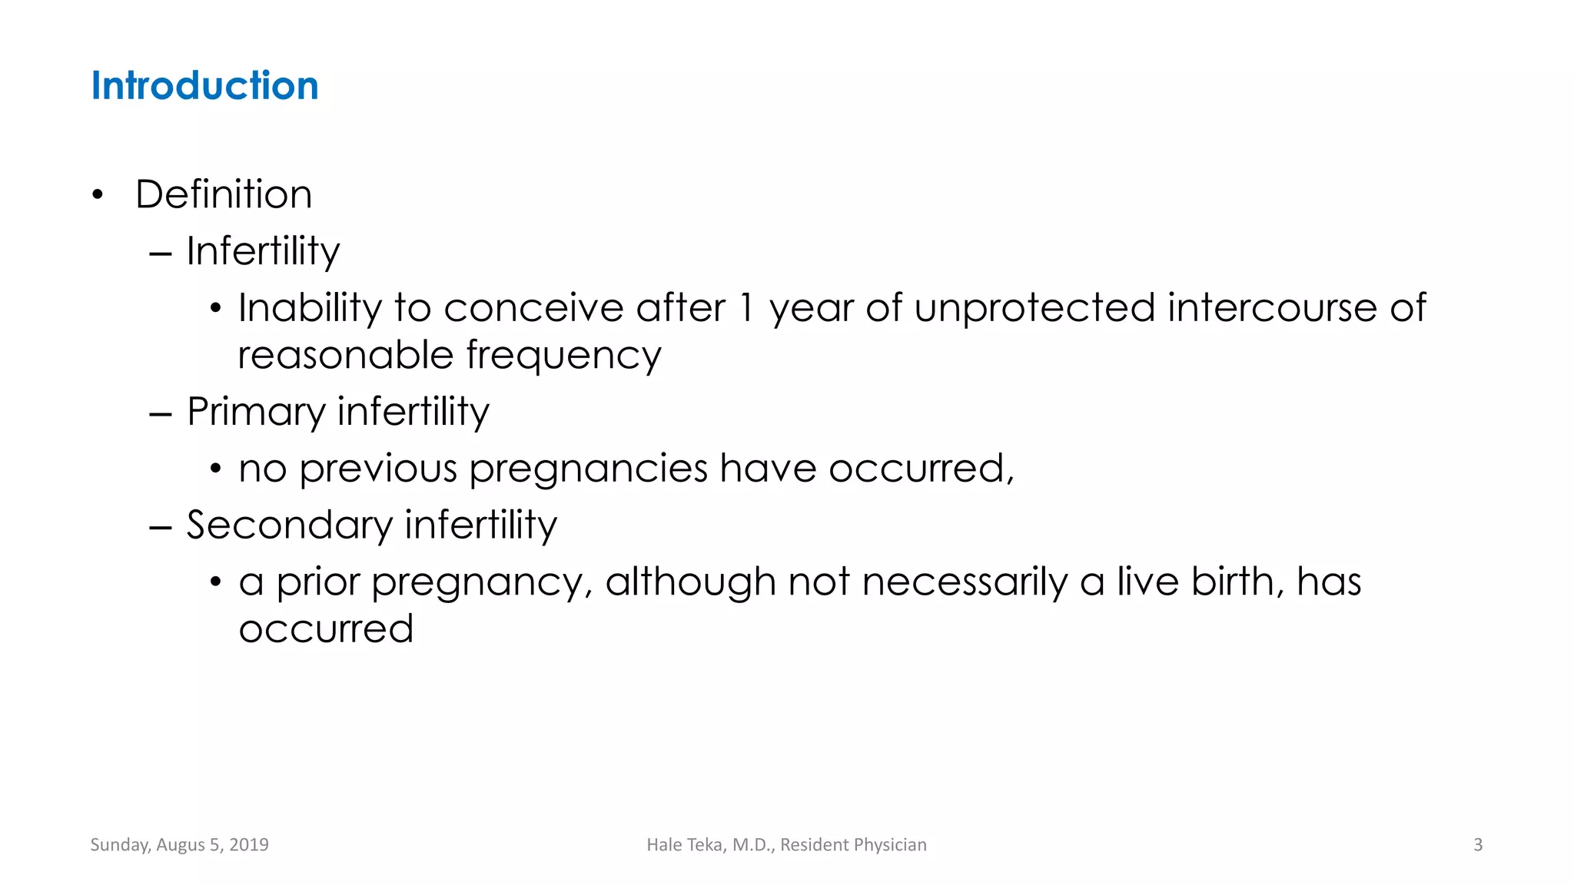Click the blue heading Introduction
coord(204,85)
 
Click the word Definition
coord(224,194)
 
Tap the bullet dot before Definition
coord(97,195)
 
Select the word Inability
coord(310,308)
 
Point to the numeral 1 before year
coord(745,308)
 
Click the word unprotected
coord(1034,308)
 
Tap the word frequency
coord(563,356)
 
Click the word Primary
coord(256,412)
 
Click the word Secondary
coord(290,525)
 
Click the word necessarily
coord(965,582)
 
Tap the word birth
coord(1236,582)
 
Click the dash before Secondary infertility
coord(161,528)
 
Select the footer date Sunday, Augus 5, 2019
coord(179,845)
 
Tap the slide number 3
coord(1477,845)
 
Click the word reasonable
coord(346,356)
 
